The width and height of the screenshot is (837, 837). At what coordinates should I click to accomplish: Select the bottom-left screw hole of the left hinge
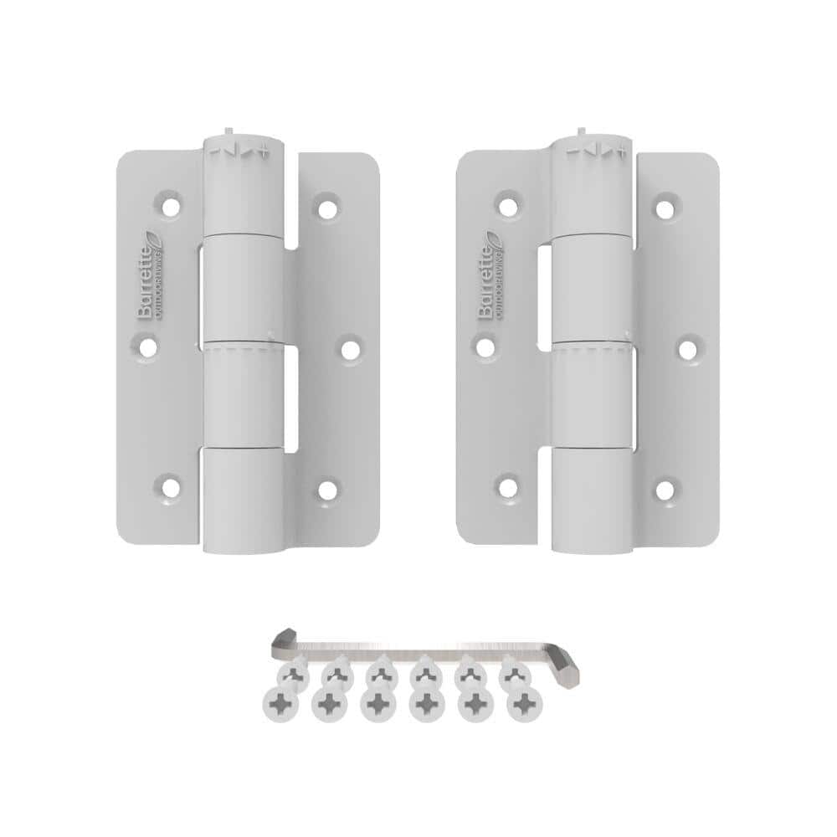(x=171, y=485)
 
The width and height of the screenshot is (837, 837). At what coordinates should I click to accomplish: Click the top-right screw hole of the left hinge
(x=327, y=204)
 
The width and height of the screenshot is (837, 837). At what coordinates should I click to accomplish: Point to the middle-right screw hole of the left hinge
(x=350, y=345)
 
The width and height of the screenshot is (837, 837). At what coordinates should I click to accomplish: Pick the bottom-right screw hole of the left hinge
(x=327, y=486)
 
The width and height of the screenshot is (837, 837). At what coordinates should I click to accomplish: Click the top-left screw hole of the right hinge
(x=508, y=203)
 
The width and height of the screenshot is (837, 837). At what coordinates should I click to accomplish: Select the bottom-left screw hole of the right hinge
(x=507, y=485)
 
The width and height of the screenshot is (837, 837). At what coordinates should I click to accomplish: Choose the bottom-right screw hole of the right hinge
(x=665, y=489)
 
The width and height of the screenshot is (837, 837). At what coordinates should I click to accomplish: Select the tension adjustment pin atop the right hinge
(x=580, y=134)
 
